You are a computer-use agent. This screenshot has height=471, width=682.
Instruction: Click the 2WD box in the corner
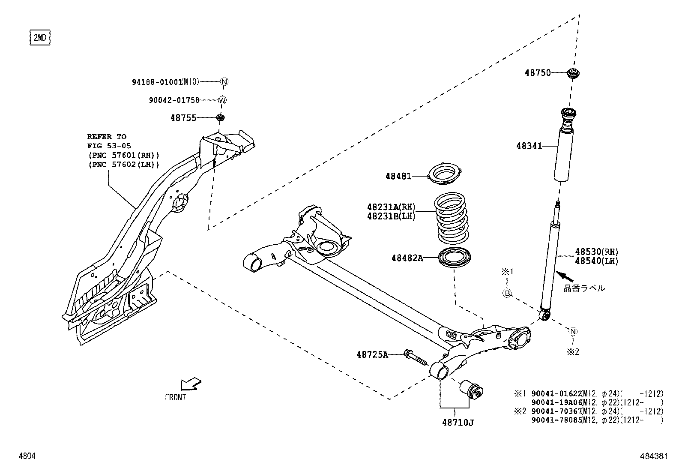(x=39, y=38)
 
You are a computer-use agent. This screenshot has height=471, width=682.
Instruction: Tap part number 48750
(x=538, y=73)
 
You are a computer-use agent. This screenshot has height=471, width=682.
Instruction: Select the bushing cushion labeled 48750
(x=573, y=73)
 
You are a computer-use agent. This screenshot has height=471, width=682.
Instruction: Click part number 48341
(x=529, y=146)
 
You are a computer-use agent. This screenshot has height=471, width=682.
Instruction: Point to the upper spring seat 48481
(x=446, y=175)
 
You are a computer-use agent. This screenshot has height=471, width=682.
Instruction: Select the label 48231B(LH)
(x=391, y=216)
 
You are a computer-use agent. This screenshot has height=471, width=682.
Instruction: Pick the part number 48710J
(x=458, y=423)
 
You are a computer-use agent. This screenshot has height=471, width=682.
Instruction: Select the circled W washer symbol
(x=222, y=100)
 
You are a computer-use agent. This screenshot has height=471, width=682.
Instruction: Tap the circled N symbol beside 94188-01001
(x=224, y=81)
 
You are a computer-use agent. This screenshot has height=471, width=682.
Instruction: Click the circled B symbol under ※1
(x=507, y=294)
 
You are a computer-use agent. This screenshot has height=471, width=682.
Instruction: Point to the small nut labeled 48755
(x=221, y=117)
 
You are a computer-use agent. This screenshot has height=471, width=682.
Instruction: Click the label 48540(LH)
(x=597, y=261)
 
